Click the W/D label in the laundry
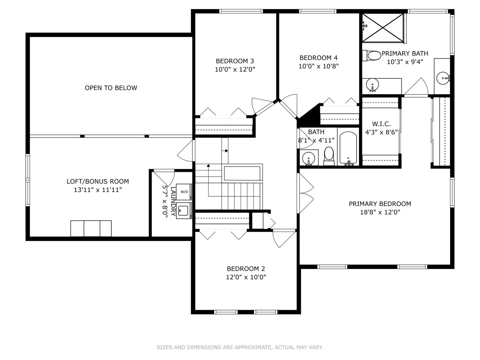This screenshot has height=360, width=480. tap(184, 192)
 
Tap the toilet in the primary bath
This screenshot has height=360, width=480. tap(372, 56)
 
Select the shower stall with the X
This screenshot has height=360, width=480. tap(383, 28)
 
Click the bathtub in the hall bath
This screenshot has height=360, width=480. tap(348, 148)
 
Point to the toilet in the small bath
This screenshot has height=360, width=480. tap(329, 156)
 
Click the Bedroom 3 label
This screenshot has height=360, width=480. tap(235, 61)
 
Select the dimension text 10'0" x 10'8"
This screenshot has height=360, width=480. tap(318, 66)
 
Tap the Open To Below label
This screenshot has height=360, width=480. tap(111, 88)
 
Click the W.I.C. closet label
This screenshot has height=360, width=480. tap(381, 124)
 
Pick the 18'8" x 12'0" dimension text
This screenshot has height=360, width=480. tap(380, 212)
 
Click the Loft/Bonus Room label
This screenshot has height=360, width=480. tap(98, 181)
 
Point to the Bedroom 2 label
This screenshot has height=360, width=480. tap(246, 269)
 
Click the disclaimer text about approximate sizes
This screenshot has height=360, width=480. tap(240, 347)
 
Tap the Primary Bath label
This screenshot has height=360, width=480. tap(405, 54)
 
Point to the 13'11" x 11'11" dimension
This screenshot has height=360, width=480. tap(98, 190)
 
